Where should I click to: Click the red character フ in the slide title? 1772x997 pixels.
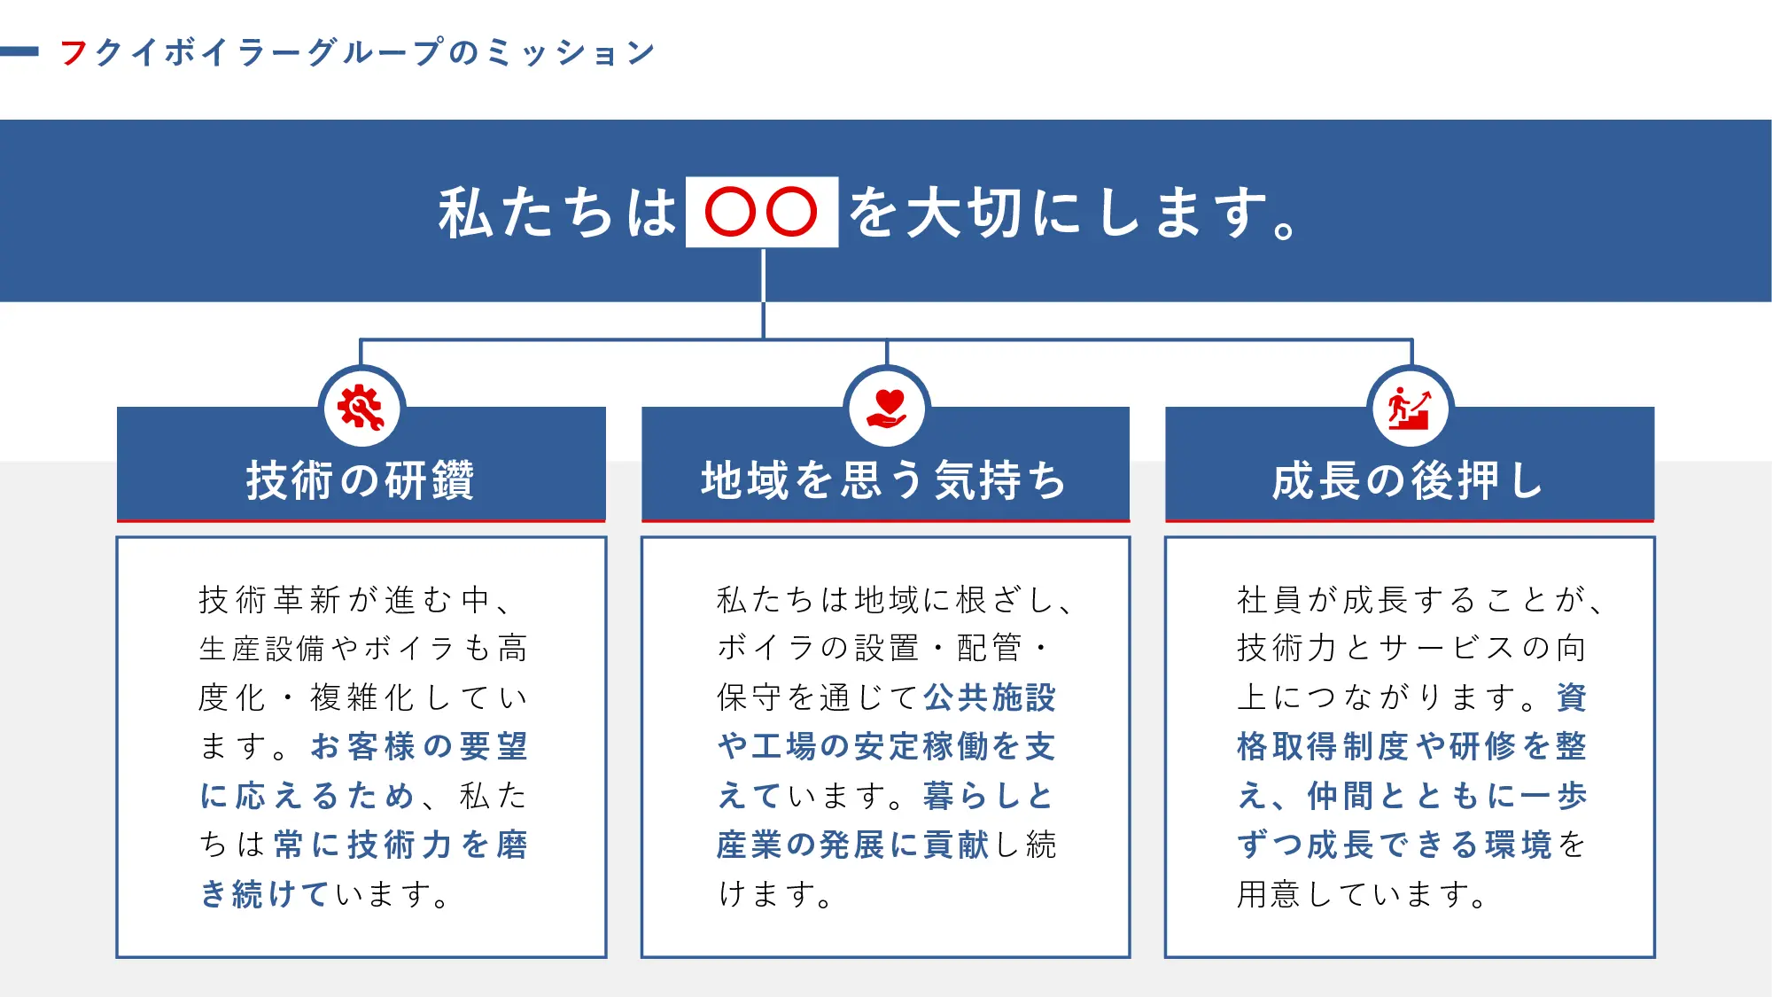click(74, 52)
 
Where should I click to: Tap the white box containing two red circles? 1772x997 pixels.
click(761, 212)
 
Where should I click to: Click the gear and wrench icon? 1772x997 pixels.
click(361, 409)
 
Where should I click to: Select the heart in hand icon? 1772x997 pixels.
click(886, 409)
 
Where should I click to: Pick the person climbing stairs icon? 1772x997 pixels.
click(1410, 409)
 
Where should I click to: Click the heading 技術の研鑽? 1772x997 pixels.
click(361, 480)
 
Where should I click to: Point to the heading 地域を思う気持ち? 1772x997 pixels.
click(884, 480)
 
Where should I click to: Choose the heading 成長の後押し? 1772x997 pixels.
click(1409, 480)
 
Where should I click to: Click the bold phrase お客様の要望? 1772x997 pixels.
click(419, 746)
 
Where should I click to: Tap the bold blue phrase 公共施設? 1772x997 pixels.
click(990, 697)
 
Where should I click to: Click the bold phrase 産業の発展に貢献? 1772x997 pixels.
click(853, 845)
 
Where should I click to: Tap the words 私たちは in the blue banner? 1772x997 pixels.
click(557, 214)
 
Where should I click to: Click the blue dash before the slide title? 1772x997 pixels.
click(19, 51)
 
